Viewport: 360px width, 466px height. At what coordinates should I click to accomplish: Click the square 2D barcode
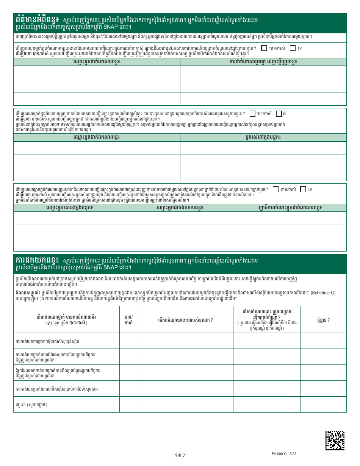335,440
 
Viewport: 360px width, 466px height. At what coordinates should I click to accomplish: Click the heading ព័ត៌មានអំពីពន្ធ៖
37,19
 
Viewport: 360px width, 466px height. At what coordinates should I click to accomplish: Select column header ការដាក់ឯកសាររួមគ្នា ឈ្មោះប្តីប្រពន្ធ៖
263,61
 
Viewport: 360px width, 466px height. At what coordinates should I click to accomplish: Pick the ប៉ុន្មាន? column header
323,320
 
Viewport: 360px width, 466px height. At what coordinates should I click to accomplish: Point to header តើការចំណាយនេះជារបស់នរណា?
185,320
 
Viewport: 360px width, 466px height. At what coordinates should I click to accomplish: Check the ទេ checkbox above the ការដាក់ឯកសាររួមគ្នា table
293,48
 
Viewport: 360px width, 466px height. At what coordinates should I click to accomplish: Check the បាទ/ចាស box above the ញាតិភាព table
275,189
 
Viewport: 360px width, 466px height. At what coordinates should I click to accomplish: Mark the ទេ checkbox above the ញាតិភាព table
303,189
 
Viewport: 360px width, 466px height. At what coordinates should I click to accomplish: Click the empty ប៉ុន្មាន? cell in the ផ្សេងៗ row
323,404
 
